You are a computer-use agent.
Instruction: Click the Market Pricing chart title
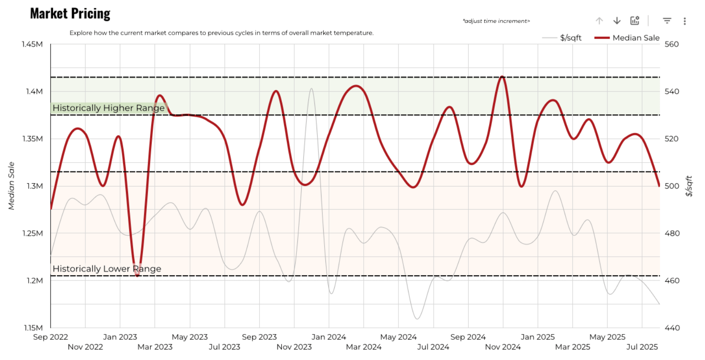coord(70,14)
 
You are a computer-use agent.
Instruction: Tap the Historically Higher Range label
coord(108,108)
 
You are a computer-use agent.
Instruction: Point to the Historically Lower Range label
coord(107,269)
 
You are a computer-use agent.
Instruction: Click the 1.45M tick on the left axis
coord(33,44)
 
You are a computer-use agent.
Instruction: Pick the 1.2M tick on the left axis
coord(34,280)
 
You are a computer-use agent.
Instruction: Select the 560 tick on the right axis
coord(672,44)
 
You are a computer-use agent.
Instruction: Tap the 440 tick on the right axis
coord(672,328)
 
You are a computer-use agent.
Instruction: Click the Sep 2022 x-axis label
coord(51,337)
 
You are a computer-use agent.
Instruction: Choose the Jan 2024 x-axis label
coord(329,337)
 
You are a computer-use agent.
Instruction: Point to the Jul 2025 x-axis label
coord(642,347)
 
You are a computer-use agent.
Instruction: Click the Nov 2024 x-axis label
coord(503,347)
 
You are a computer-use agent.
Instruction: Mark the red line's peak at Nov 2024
coord(502,76)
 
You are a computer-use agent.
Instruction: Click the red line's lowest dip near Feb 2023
coord(137,275)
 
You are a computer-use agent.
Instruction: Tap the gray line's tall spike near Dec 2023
coord(311,88)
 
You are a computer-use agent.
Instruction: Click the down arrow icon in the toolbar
coord(617,21)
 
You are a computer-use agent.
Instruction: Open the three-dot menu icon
coord(684,21)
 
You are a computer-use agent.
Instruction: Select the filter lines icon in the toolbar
coord(667,21)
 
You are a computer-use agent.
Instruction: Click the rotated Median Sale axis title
coord(11,185)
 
